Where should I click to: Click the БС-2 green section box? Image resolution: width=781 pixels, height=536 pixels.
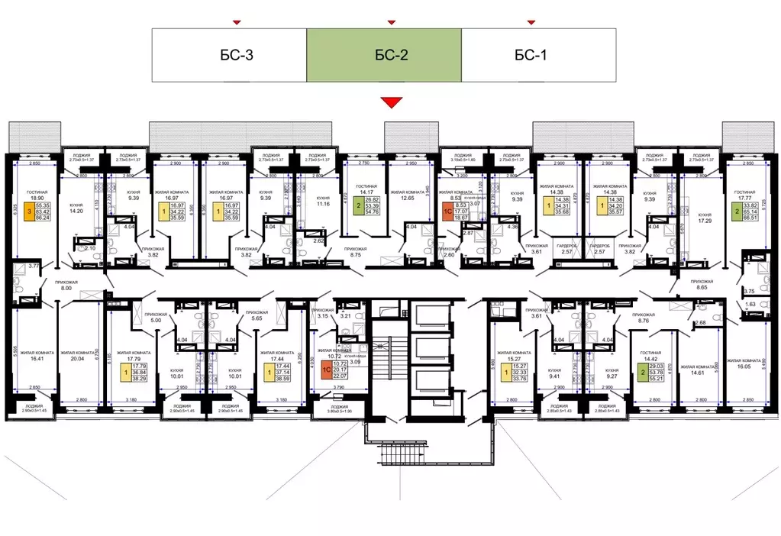(x=384, y=54)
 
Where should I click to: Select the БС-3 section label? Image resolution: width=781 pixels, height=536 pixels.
(x=229, y=54)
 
